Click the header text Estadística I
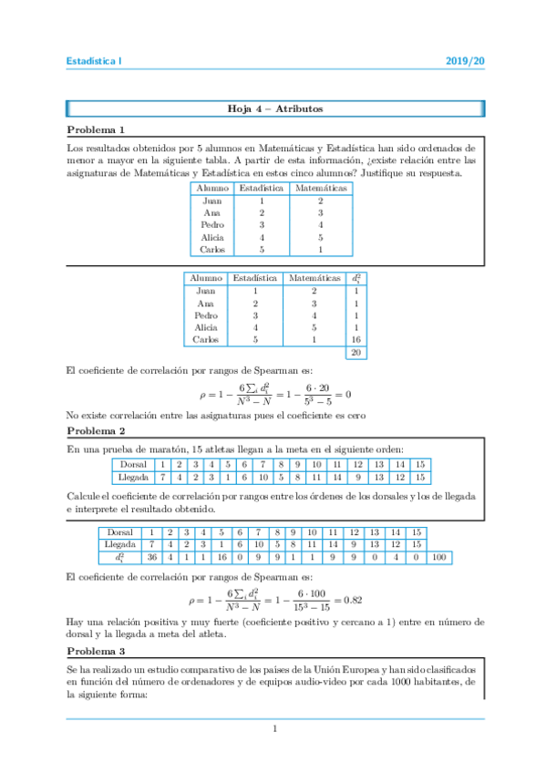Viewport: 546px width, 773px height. [x=94, y=61]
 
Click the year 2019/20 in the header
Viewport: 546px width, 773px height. [x=466, y=61]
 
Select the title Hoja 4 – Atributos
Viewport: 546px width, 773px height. [x=273, y=109]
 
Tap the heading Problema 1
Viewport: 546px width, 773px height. [x=96, y=129]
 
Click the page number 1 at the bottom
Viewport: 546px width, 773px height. [x=273, y=728]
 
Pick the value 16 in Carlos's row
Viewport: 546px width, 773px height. [x=355, y=339]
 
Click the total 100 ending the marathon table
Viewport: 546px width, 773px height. [x=438, y=556]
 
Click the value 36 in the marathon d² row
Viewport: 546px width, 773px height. [x=153, y=556]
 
